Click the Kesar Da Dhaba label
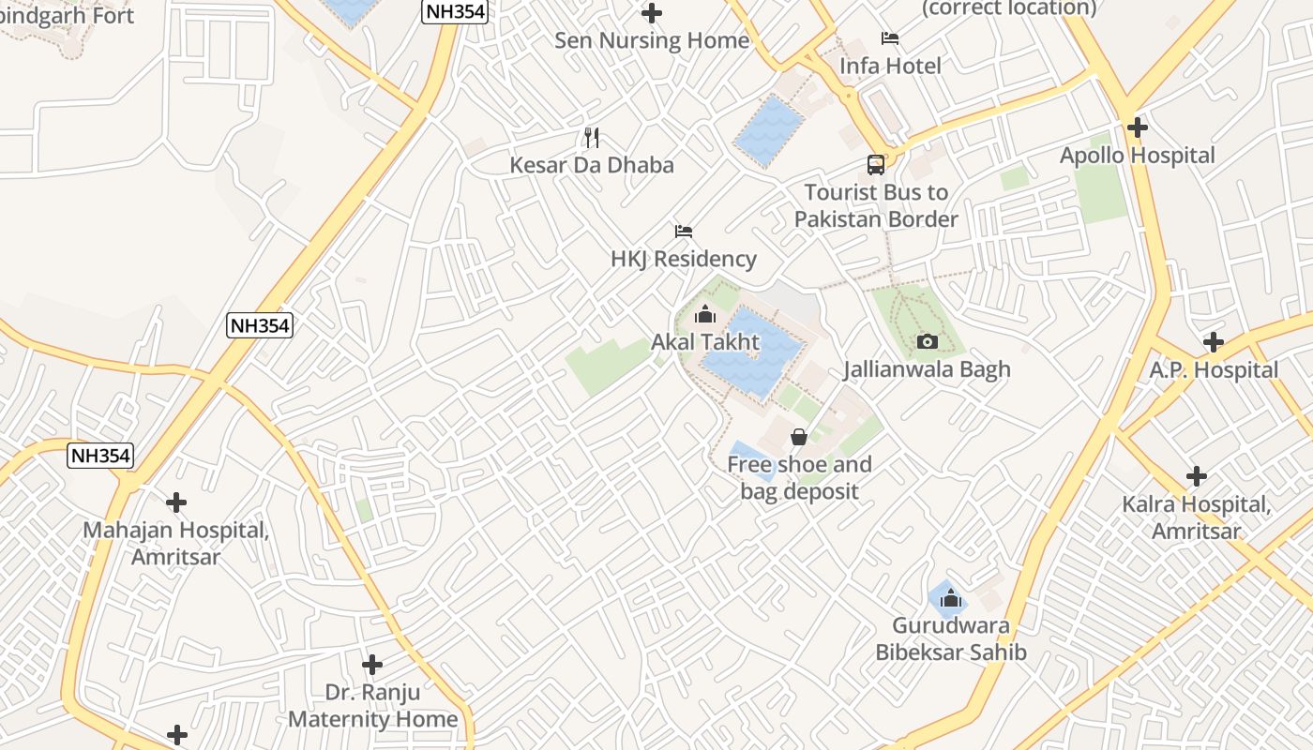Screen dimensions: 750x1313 point(592,165)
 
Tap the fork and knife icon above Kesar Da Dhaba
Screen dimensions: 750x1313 point(592,138)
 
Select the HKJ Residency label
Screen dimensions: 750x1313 point(683,259)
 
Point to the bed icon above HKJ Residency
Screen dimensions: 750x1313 point(684,231)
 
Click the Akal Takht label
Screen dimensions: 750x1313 point(705,342)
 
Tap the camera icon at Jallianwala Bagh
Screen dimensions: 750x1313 point(927,341)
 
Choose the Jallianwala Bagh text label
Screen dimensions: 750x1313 point(927,369)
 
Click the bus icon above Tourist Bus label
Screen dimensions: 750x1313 point(876,165)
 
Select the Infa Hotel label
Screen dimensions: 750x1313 point(890,66)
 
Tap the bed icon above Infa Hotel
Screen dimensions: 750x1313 point(890,38)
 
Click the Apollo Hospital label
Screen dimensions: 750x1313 point(1137,156)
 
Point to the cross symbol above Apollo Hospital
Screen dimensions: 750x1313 point(1138,127)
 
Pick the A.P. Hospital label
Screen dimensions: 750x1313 point(1214,370)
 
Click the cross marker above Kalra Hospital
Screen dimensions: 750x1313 point(1197,476)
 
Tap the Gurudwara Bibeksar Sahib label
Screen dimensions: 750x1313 point(951,639)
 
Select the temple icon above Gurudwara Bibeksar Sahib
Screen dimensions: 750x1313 point(951,598)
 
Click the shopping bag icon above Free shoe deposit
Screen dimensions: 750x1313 point(799,437)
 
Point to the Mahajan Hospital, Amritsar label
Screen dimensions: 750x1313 point(176,543)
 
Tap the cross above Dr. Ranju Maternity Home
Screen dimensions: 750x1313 point(372,665)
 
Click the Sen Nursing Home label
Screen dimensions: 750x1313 point(652,40)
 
